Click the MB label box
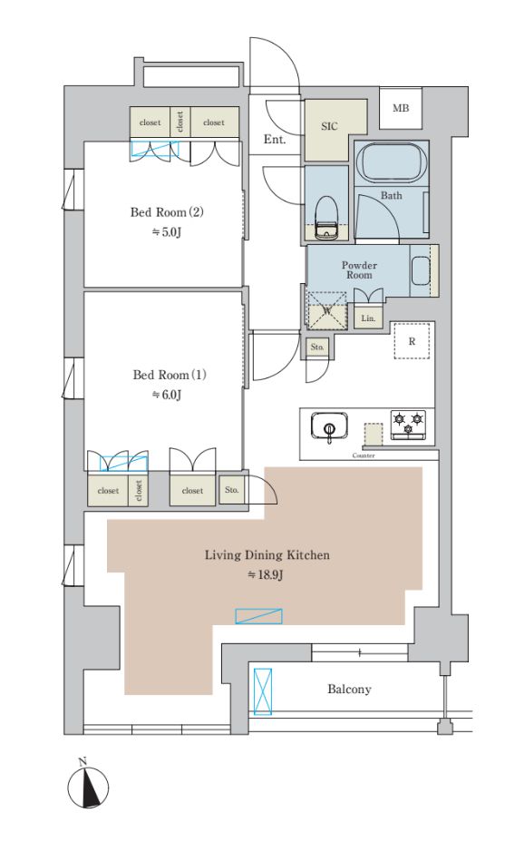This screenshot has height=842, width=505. point(401,108)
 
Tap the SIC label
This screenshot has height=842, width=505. point(329,126)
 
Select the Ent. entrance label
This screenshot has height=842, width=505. point(274,139)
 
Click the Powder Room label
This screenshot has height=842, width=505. point(359,269)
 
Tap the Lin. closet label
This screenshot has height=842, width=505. point(367,318)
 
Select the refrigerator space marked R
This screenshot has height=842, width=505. point(412,340)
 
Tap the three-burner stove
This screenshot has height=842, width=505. point(408,425)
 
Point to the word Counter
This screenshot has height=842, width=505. point(364,455)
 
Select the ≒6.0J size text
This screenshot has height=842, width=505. point(166,396)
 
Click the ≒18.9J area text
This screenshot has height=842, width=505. point(265,575)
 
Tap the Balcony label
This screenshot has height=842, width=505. point(349,689)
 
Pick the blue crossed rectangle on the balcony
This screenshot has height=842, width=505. point(262,691)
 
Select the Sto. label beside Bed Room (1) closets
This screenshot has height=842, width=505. point(231,490)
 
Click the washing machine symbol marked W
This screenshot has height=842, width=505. point(326,309)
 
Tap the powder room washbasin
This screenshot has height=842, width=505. point(420,271)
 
